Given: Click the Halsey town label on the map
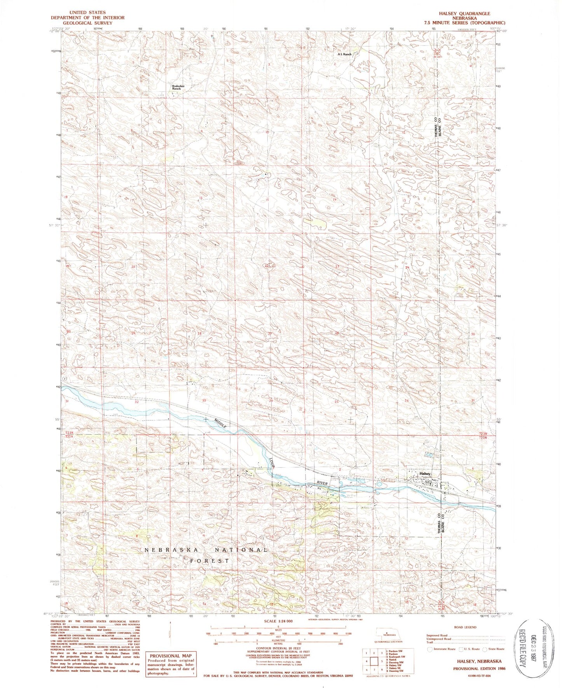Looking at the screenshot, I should [x=425, y=473].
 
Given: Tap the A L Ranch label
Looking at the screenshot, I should [x=344, y=55].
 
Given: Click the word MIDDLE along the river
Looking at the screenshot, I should [x=221, y=424].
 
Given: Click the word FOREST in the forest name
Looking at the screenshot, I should [x=210, y=561].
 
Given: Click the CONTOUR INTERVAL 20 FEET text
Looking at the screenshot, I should [x=278, y=648].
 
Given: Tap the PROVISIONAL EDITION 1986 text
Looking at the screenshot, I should [x=477, y=668].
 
